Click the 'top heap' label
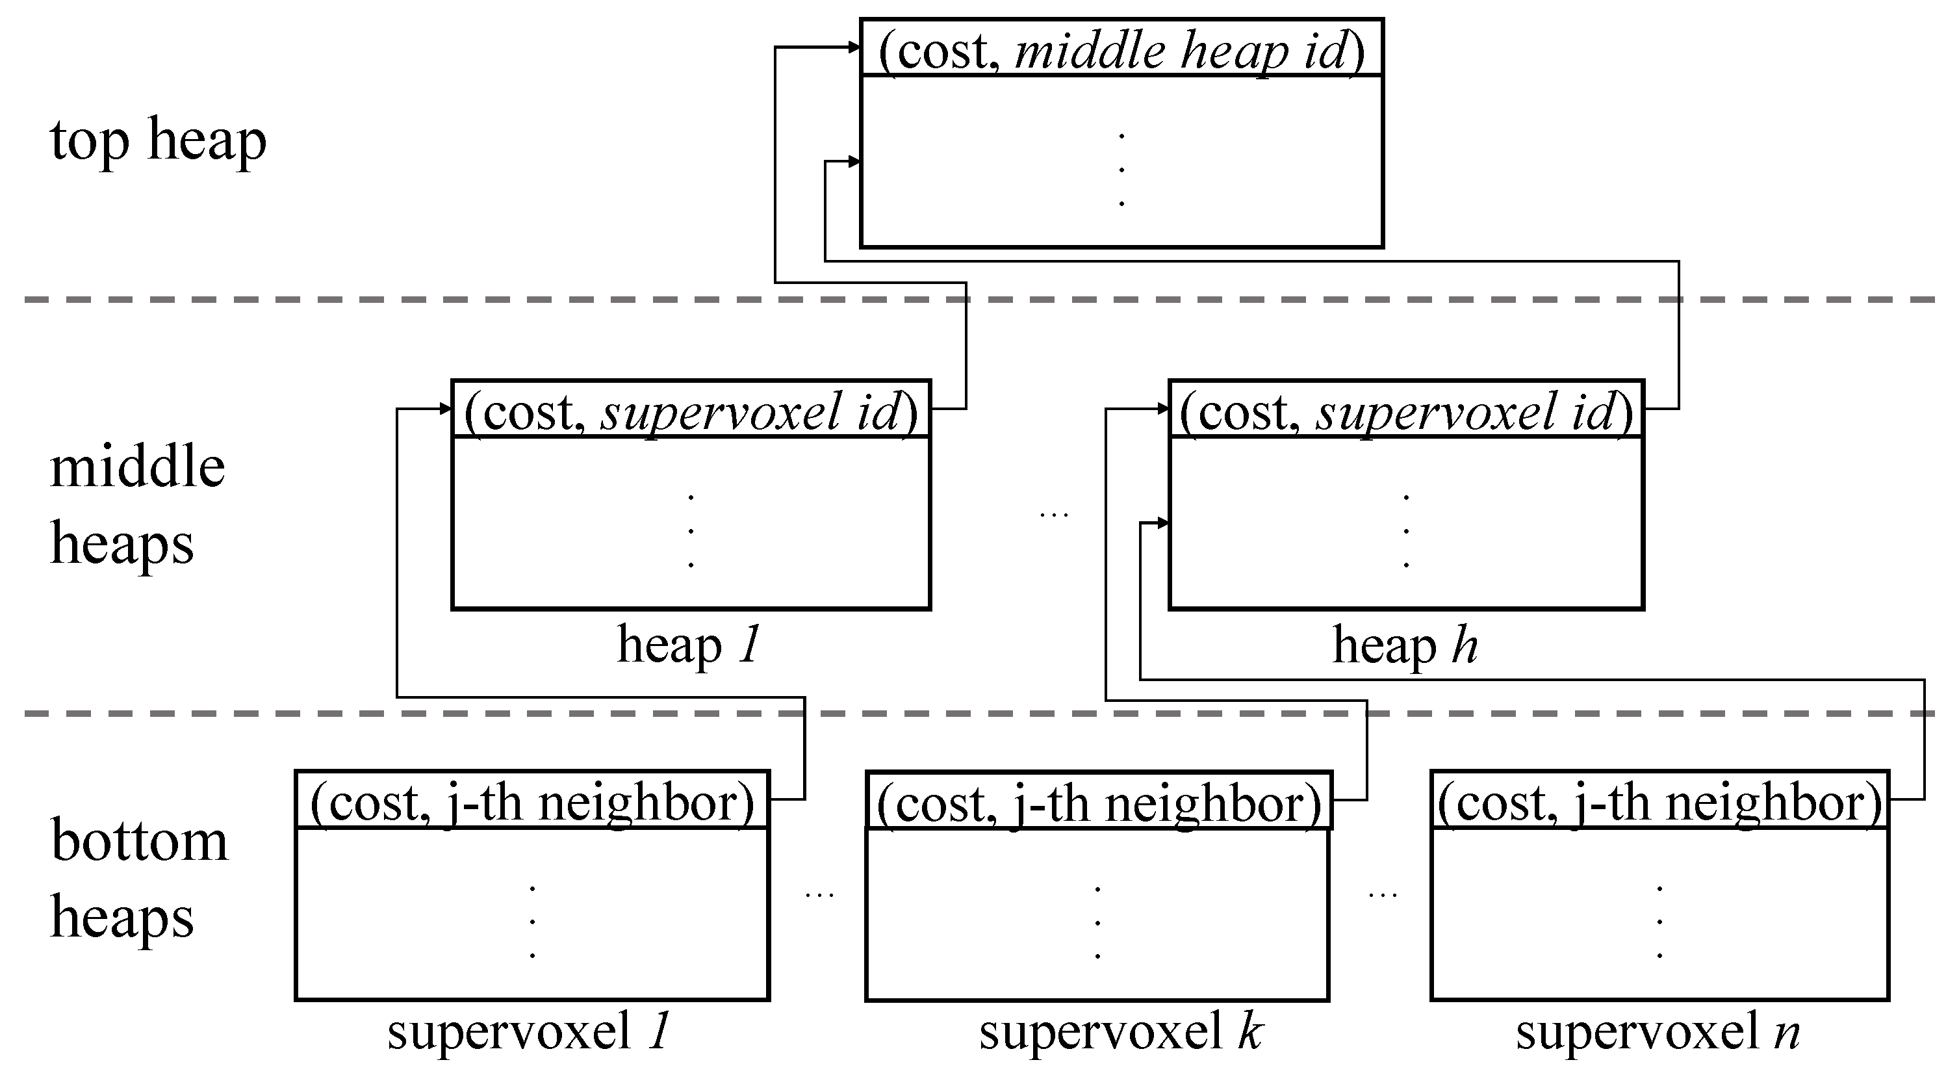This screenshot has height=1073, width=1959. pyautogui.click(x=158, y=140)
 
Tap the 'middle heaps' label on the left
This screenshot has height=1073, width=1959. pyautogui.click(x=137, y=506)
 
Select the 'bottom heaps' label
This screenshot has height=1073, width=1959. pyautogui.click(x=138, y=878)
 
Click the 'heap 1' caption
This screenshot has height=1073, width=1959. pyautogui.click(x=688, y=645)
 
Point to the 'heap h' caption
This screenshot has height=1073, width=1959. pyautogui.click(x=1405, y=645)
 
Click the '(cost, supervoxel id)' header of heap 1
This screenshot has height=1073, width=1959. pyautogui.click(x=691, y=411)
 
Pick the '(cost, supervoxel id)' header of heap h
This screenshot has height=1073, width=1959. pyautogui.click(x=1405, y=411)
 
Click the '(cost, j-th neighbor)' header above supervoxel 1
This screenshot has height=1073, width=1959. pyautogui.click(x=531, y=801)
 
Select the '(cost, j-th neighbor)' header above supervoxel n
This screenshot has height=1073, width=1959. pyautogui.click(x=1659, y=801)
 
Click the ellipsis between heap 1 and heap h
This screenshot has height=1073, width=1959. pyautogui.click(x=1053, y=515)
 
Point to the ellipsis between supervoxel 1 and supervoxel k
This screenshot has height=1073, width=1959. pyautogui.click(x=819, y=894)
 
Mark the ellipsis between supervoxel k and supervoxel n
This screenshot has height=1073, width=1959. pyautogui.click(x=1382, y=894)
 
